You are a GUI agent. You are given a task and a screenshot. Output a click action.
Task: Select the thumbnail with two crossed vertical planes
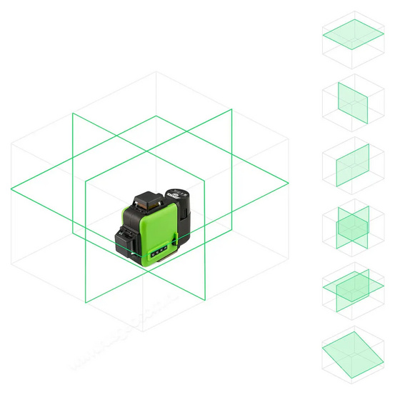coord(352,228)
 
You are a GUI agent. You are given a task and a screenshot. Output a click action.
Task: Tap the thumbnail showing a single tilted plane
coord(352,351)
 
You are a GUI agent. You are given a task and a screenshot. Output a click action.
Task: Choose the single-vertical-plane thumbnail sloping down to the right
coord(352,102)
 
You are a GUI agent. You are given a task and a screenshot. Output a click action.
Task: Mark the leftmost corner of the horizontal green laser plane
coord(11,190)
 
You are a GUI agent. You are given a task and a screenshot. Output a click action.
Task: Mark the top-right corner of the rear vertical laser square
coord(233,109)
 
